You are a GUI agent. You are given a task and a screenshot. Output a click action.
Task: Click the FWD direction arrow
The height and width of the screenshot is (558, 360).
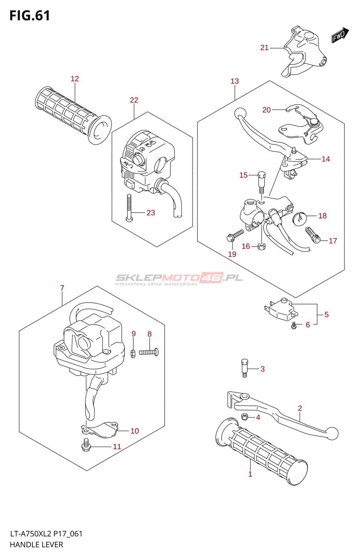coord(340,35)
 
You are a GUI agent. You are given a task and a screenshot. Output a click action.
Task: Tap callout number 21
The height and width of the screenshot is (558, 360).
coord(264,48)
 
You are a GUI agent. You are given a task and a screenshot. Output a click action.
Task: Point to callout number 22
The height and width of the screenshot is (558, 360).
coord(134,100)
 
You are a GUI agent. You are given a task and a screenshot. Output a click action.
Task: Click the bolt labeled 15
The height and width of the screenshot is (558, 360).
coord(261,182)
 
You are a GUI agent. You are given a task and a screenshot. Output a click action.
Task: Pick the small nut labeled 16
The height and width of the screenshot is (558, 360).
coord(261,247)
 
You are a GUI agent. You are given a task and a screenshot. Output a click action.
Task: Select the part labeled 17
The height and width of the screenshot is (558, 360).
coord(312,235)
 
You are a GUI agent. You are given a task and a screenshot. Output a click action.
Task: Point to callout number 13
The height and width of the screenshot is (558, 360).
coord(235,81)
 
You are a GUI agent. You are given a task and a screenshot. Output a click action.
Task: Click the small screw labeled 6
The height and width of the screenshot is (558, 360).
coord(294,326)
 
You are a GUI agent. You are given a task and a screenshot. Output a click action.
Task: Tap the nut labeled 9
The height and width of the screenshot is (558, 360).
coord(133,353)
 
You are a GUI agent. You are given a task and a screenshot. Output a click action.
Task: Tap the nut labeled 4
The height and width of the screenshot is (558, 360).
coord(245,417)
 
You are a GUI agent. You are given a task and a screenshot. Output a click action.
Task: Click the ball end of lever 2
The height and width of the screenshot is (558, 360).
coord(332,433)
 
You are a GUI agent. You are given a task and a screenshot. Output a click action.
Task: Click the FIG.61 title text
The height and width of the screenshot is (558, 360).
coord(30,16)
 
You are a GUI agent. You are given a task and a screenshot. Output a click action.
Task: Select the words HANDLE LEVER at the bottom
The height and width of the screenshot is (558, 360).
coord(37,544)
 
